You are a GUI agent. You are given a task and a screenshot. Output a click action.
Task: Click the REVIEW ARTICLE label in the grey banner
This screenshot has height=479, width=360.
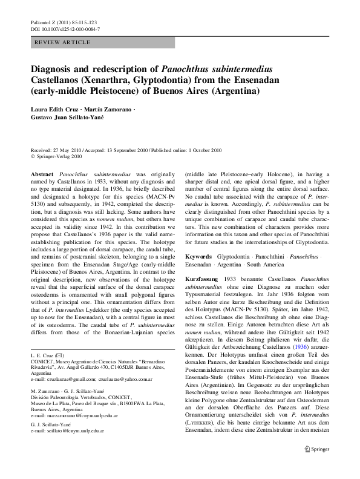[63, 42]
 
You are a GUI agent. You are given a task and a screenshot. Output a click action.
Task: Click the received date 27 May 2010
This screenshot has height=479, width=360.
[72, 150]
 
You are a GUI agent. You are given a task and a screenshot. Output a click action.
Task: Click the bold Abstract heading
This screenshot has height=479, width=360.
[42, 173]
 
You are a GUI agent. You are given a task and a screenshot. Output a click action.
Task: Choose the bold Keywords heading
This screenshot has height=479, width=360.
[198, 257]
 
